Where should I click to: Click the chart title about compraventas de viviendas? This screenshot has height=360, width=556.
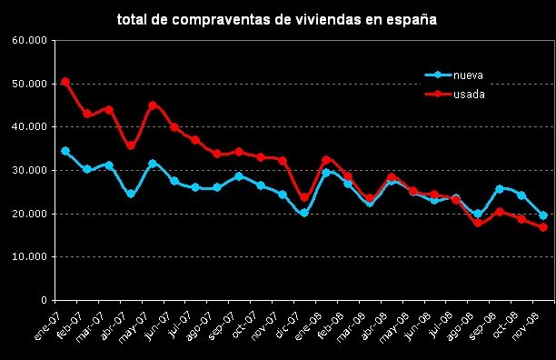[277, 18]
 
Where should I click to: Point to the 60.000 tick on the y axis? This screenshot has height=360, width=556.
[28, 41]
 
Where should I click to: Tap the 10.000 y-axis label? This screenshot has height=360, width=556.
[28, 257]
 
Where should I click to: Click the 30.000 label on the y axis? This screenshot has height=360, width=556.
[28, 171]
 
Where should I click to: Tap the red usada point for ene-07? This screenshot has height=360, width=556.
[65, 82]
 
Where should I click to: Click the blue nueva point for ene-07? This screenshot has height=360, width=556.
[65, 151]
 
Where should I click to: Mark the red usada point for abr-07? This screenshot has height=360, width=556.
[131, 145]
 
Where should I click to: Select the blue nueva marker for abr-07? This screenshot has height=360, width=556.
[131, 194]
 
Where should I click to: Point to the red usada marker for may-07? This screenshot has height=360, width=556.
[153, 105]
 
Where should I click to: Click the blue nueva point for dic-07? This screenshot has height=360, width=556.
[304, 214]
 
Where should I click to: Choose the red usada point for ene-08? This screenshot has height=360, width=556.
[326, 160]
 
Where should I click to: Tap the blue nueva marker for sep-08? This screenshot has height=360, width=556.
[500, 189]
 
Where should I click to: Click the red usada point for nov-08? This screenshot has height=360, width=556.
[543, 227]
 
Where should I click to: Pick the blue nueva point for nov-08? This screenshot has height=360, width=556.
[543, 215]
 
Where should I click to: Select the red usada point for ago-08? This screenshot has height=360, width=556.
[478, 223]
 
